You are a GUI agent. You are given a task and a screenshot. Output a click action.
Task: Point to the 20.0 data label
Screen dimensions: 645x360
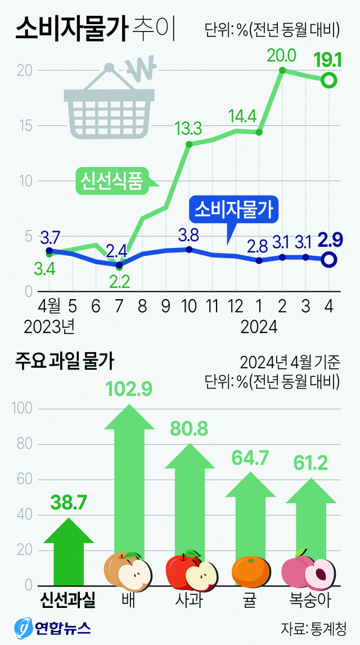(x=282, y=56)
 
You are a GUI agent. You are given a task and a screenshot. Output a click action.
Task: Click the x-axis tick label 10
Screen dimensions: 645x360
(x=188, y=306)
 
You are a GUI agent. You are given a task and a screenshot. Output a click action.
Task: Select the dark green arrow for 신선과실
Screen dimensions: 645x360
(x=68, y=551)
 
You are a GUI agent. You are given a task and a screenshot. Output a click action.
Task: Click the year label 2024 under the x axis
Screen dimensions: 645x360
(x=259, y=326)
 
